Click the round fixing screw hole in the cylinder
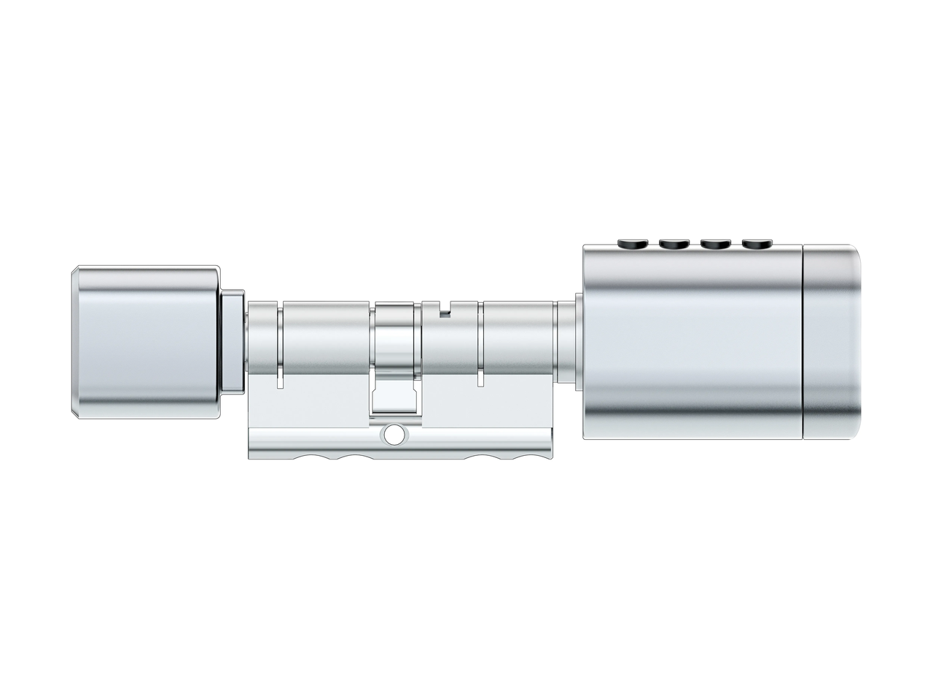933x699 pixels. click(x=394, y=435)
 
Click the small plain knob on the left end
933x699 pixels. click(x=146, y=342)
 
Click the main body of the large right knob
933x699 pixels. click(x=692, y=342)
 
